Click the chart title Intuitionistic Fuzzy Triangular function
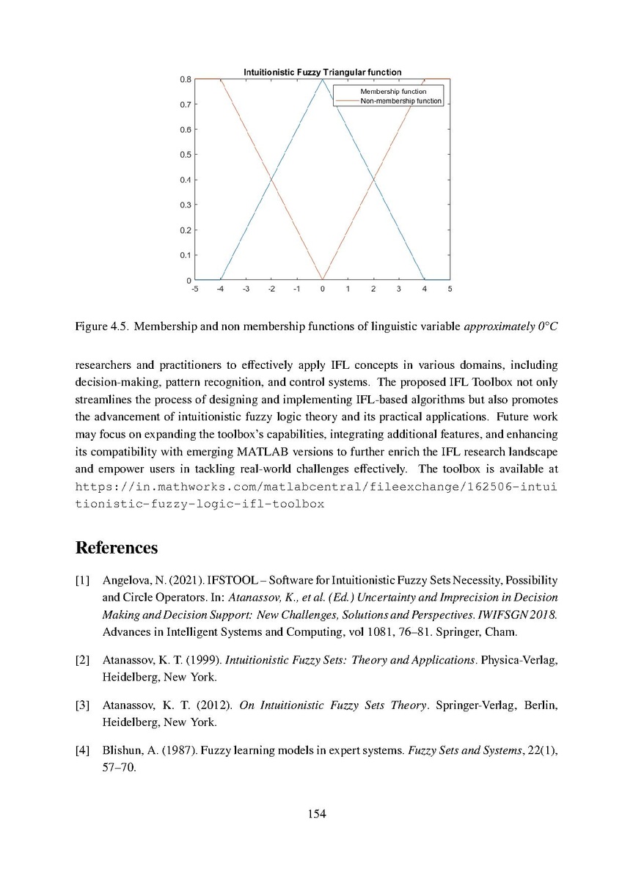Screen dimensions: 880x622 [x=322, y=73]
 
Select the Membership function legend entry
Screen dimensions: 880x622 [x=392, y=92]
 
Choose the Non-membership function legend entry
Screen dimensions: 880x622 [x=400, y=101]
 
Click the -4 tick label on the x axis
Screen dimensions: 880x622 [x=219, y=289]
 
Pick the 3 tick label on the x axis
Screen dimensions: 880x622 [x=398, y=289]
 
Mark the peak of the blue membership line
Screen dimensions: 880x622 [x=322, y=79]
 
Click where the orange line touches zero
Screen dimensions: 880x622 [x=322, y=279]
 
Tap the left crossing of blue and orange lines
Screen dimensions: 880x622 [x=271, y=180]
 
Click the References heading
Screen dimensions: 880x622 [x=117, y=548]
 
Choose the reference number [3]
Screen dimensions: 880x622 [x=83, y=706]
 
